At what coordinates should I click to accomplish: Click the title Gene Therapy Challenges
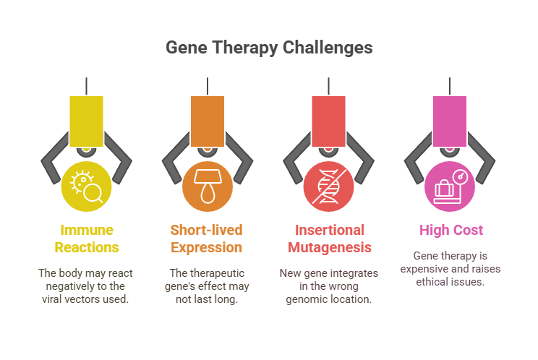pos(269,48)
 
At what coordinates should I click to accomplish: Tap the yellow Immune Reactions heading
pos(86,239)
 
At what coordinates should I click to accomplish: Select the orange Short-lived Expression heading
pos(207,239)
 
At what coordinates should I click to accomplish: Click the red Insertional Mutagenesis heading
pos(328,239)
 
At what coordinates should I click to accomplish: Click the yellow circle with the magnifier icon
pos(87,185)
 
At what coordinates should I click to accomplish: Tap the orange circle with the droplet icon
pos(208,185)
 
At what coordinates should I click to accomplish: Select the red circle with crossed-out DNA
pos(329,185)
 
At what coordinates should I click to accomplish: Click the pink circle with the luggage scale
pos(450,185)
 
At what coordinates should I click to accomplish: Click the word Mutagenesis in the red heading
pos(328,247)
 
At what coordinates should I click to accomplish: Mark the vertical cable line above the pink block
pos(450,85)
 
